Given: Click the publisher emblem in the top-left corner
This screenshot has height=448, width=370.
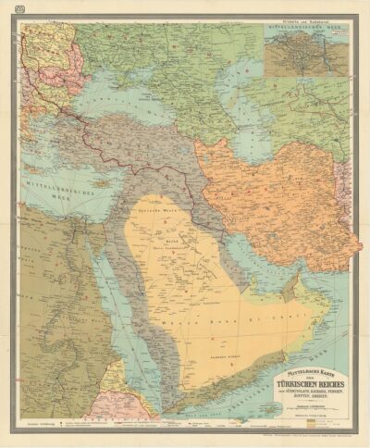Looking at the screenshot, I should click(9, 8).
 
